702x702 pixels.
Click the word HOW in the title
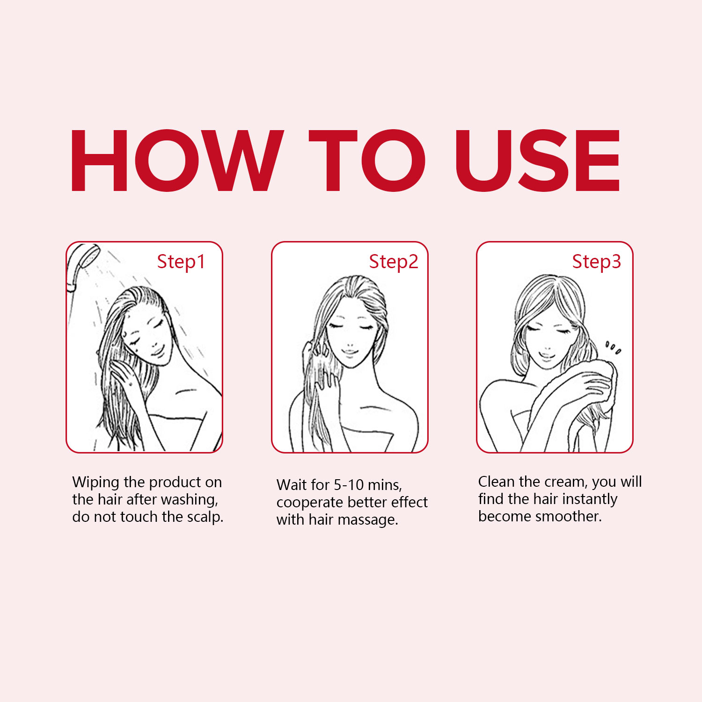click(x=177, y=161)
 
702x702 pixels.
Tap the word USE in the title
click(x=538, y=161)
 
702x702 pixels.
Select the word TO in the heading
click(x=367, y=161)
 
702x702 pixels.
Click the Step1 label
click(x=181, y=262)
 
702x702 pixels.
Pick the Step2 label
click(x=394, y=262)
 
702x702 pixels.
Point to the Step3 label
click(x=597, y=262)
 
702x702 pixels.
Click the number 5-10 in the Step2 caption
click(x=349, y=485)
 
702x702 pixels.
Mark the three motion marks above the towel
click(x=614, y=348)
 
